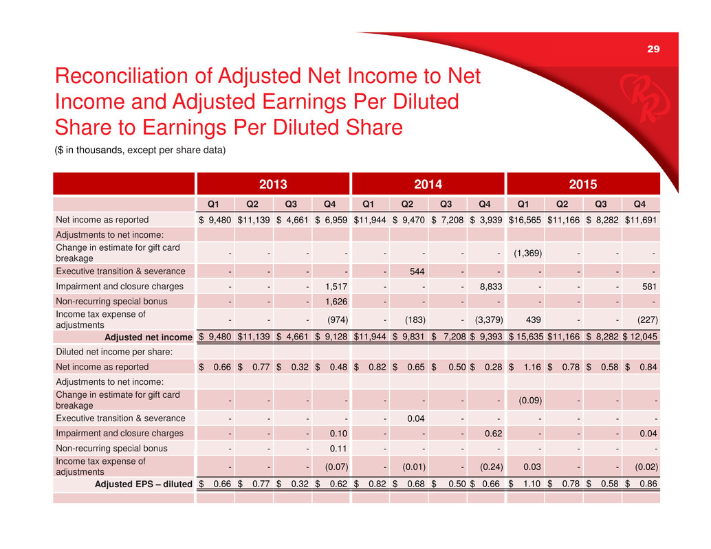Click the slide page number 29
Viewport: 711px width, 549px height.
tap(653, 48)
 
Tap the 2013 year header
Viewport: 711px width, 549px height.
tap(272, 184)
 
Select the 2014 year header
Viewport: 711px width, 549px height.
tap(427, 184)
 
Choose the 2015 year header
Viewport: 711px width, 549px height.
tap(582, 184)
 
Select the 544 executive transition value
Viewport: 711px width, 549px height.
tap(415, 271)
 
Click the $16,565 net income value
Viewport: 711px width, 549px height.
tap(525, 220)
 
